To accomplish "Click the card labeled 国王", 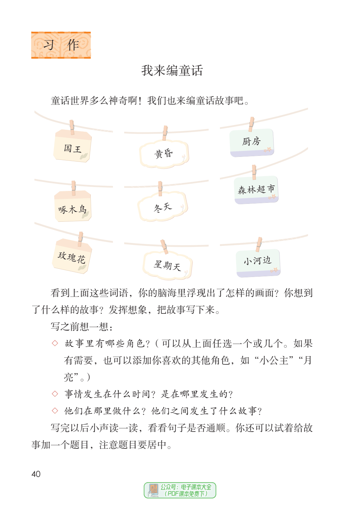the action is pyautogui.click(x=73, y=146).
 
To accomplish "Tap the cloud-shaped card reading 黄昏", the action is pyautogui.click(x=164, y=154).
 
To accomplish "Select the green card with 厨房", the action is pyautogui.click(x=252, y=143).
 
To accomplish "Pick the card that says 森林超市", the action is pyautogui.click(x=256, y=190).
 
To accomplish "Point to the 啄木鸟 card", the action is pyautogui.click(x=73, y=206).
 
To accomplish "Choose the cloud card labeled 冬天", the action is pyautogui.click(x=163, y=206).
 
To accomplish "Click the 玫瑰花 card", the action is pyautogui.click(x=72, y=256).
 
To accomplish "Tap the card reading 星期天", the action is pyautogui.click(x=168, y=265).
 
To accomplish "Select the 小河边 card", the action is pyautogui.click(x=258, y=263).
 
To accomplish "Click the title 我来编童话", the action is pyautogui.click(x=172, y=70).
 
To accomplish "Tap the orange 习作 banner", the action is pyautogui.click(x=61, y=45).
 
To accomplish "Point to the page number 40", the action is pyautogui.click(x=36, y=474).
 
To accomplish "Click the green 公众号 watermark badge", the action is pyautogui.click(x=180, y=490).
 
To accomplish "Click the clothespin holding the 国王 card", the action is pyautogui.click(x=72, y=127).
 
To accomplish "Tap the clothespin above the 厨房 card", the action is pyautogui.click(x=251, y=124).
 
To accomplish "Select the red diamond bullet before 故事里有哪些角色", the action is pyautogui.click(x=55, y=343).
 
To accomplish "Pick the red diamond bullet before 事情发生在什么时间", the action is pyautogui.click(x=55, y=393).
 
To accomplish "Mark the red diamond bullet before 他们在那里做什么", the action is pyautogui.click(x=55, y=410).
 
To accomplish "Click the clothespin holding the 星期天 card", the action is pyautogui.click(x=164, y=247).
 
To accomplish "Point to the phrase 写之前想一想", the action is pyautogui.click(x=81, y=327).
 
